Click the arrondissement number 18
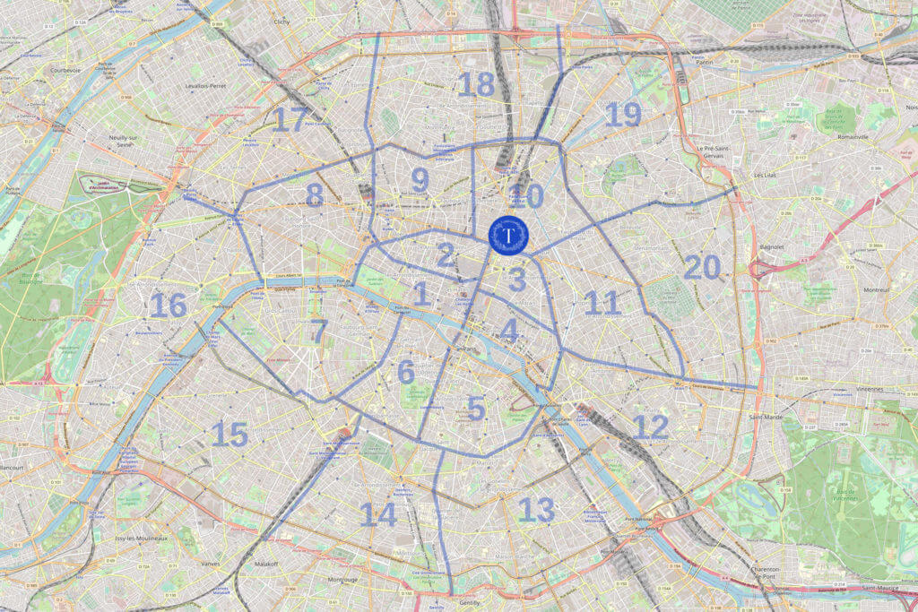point(476,85)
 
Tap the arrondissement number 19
point(623,115)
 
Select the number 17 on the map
point(290,119)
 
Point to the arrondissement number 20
point(702,267)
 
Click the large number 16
point(168,306)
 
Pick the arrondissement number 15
point(229,435)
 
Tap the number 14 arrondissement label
point(377,514)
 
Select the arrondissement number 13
point(536,510)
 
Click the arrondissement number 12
point(650,427)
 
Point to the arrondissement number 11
point(602,303)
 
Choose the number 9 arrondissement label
point(420,179)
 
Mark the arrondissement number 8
point(314,194)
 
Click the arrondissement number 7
point(318,331)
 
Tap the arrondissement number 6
point(406,371)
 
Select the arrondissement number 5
point(476,409)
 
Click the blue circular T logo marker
point(508,235)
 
